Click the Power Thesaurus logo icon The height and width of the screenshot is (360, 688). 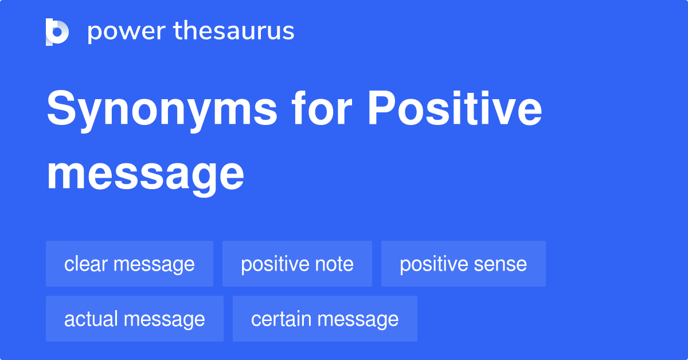coord(57,32)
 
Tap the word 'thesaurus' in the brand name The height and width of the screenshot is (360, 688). coord(234,32)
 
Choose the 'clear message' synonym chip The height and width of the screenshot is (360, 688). coord(130,264)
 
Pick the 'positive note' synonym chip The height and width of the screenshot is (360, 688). coord(297,264)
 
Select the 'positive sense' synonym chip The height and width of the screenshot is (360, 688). coord(463,264)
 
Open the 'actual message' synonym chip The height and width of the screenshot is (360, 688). coord(135,319)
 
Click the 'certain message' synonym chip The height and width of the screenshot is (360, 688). coord(325,319)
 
